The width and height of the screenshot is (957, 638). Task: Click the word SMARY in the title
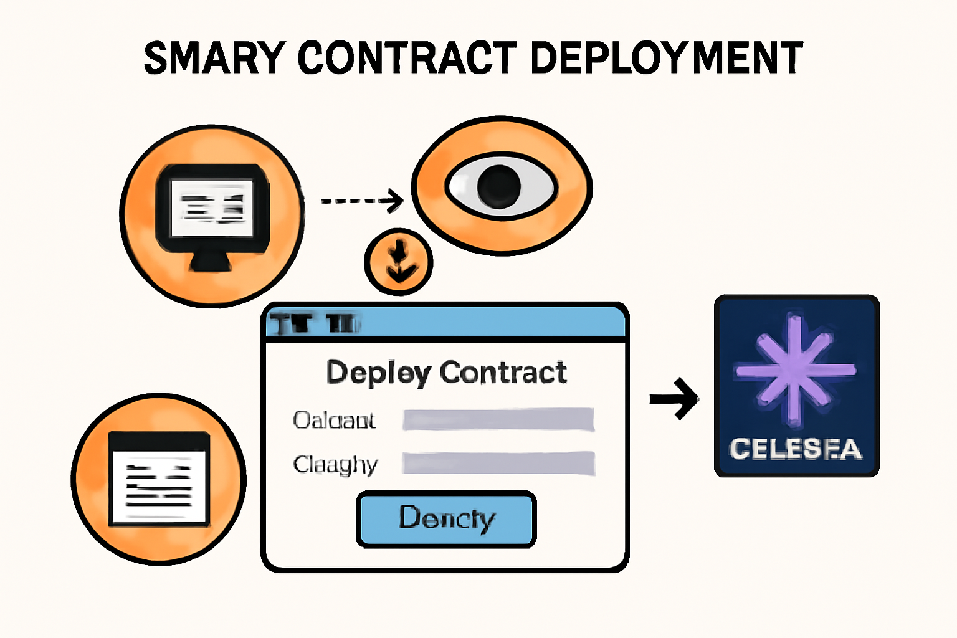pos(214,58)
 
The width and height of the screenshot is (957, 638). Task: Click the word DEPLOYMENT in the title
pos(667,58)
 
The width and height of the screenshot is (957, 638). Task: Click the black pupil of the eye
pos(498,186)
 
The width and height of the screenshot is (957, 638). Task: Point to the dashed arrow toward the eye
pos(361,201)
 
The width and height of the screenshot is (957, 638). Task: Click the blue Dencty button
pos(446,519)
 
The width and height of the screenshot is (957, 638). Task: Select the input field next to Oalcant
pos(498,420)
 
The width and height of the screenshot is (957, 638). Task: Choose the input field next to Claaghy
pos(498,464)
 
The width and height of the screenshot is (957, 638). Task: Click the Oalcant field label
pos(334,421)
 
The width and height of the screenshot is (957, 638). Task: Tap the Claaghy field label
pos(335,465)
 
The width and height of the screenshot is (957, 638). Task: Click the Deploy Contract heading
pos(446,373)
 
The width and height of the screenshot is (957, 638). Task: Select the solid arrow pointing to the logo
pos(674,399)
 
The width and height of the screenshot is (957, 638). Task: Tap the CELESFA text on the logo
pos(795,449)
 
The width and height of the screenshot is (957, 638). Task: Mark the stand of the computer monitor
pos(212,262)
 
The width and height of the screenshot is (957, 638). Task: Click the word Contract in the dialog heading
pos(503,373)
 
